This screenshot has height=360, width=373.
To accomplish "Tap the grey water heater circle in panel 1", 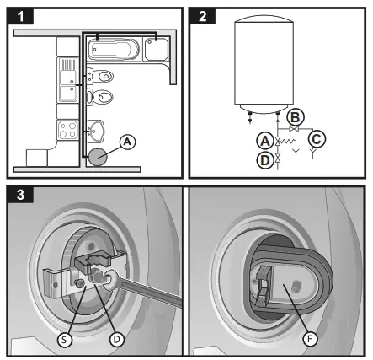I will (101, 155).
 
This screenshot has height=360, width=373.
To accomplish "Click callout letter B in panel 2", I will (295, 116).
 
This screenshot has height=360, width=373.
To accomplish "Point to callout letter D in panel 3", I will (116, 339).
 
